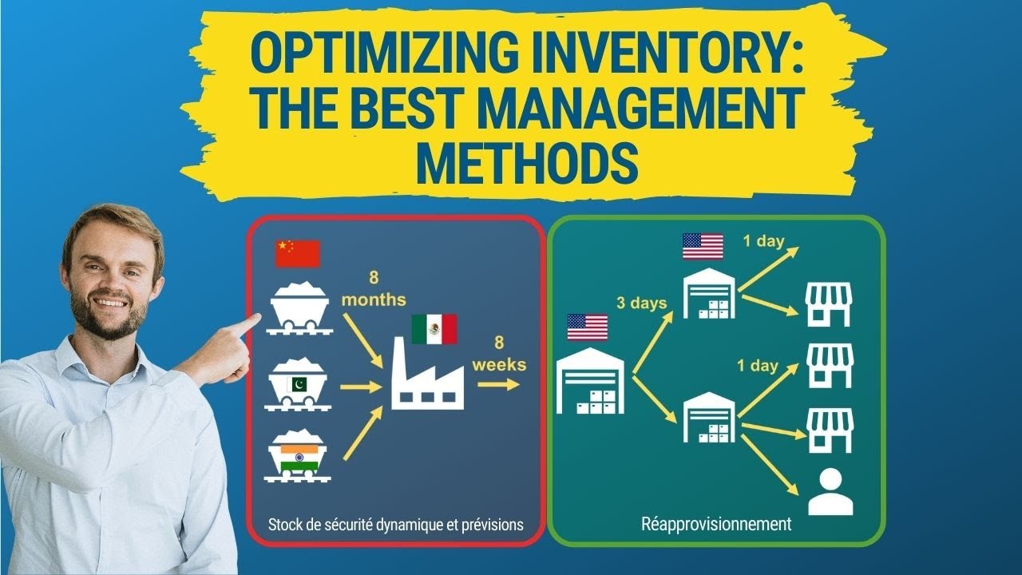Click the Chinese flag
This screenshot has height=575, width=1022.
[x=297, y=254]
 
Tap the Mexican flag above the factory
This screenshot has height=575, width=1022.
[x=434, y=329]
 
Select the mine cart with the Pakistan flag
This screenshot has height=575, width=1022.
[x=299, y=387]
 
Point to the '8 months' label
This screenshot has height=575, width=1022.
[x=374, y=290]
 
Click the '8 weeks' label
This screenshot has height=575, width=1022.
[x=498, y=354]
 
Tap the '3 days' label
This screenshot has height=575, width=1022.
[x=641, y=303]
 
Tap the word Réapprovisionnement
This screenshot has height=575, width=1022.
[x=716, y=525]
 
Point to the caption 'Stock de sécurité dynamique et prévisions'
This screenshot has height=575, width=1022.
[x=396, y=525]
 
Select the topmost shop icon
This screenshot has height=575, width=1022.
[x=830, y=304]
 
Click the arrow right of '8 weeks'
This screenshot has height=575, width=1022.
[x=498, y=384]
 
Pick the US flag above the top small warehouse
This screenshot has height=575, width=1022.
[x=703, y=246]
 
